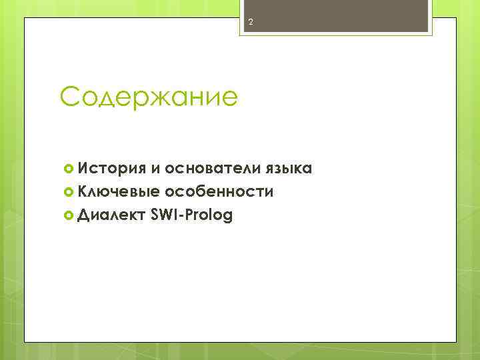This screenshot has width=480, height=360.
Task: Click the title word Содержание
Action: tap(148, 97)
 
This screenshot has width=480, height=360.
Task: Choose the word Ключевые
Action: tap(118, 192)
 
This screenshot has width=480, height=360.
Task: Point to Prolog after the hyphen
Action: tap(208, 216)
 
